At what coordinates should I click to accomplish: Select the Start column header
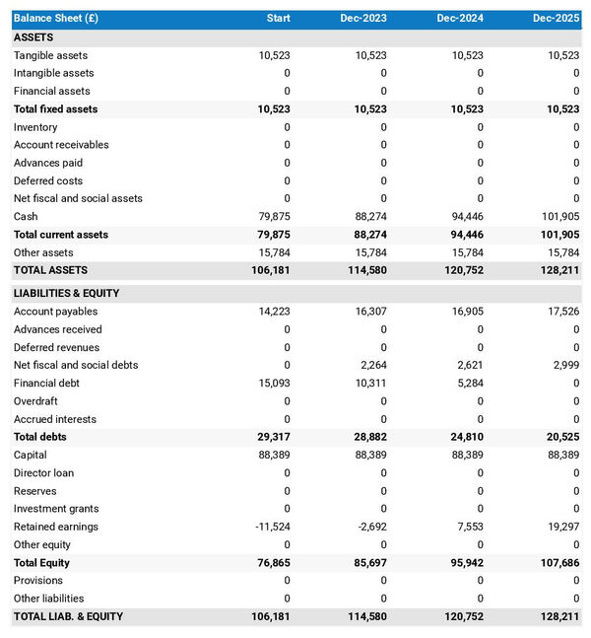(x=278, y=19)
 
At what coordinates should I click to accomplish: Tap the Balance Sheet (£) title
(x=55, y=19)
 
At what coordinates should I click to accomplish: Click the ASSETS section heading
(x=33, y=37)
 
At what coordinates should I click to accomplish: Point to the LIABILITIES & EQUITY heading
(x=66, y=294)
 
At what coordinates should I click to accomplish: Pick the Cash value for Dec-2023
(x=367, y=217)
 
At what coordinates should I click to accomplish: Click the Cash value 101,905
(x=558, y=217)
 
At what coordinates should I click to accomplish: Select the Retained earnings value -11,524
(x=270, y=527)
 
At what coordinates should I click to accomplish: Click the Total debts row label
(x=40, y=437)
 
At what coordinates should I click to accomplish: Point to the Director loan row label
(x=43, y=473)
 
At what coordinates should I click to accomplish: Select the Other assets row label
(x=42, y=252)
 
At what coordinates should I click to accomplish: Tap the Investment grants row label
(x=55, y=509)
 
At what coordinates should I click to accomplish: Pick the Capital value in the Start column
(x=273, y=455)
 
